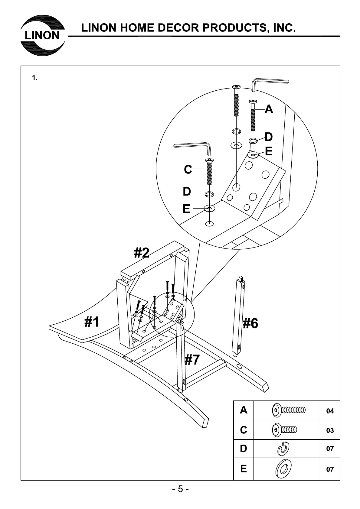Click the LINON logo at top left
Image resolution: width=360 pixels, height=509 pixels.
click(42, 36)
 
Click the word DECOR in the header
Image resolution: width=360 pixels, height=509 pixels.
click(178, 28)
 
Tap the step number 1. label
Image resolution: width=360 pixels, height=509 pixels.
click(35, 78)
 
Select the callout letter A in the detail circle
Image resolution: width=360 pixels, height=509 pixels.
click(269, 109)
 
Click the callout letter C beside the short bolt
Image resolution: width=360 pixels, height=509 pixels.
click(188, 170)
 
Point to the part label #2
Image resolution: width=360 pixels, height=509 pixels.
click(142, 253)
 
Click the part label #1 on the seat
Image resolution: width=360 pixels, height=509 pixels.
click(92, 322)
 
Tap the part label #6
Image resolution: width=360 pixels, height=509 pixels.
click(250, 323)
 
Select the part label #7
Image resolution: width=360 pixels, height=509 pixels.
click(192, 360)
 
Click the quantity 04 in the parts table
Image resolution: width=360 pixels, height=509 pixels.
click(330, 411)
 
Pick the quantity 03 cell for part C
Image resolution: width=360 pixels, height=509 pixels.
click(330, 430)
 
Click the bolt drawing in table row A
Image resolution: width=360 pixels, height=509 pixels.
click(289, 410)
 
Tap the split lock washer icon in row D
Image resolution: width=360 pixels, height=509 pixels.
click(284, 449)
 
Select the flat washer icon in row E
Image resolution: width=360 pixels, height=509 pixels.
click(283, 469)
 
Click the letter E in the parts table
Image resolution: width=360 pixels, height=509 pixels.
click(243, 469)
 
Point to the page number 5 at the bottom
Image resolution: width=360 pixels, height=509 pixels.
click(180, 489)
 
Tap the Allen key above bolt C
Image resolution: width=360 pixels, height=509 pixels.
click(194, 147)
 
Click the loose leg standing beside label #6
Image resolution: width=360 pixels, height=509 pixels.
click(239, 316)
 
